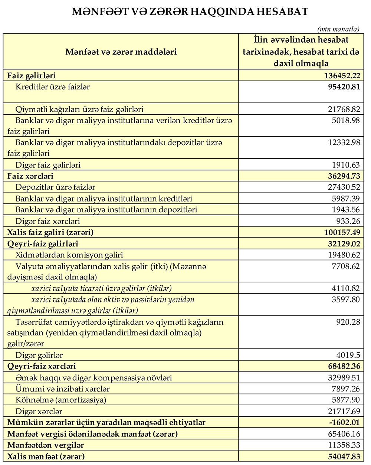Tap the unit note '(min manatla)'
[x=338, y=29]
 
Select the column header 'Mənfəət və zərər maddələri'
[x=121, y=52]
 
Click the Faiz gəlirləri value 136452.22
[x=342, y=76]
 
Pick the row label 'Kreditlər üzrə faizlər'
[x=53, y=87]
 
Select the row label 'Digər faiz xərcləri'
[x=48, y=221]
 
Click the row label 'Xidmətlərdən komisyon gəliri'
[x=69, y=255]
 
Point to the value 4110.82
[x=346, y=288]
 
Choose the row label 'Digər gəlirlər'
[x=39, y=355]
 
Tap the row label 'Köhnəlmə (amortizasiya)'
[x=61, y=400]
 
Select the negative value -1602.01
[x=344, y=423]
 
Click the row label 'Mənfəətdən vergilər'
[x=46, y=445]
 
